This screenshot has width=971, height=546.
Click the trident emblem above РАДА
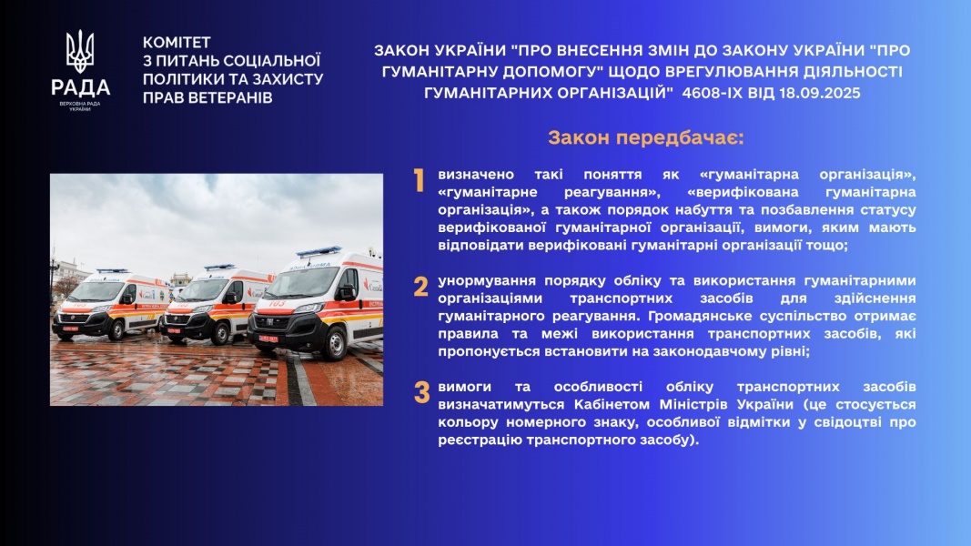point(80,51)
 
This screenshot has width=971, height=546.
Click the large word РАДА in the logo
point(80,87)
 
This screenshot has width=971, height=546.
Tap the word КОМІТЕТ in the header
point(177,43)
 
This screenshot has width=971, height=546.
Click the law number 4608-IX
point(708,93)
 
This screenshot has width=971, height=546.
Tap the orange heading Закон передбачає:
point(646,137)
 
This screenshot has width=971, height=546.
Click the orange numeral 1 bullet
point(420,181)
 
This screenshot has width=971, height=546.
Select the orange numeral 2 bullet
point(421,287)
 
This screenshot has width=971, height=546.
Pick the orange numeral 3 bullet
point(421,392)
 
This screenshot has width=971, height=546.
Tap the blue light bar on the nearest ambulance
point(319,251)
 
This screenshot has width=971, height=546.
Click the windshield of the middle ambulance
point(202,290)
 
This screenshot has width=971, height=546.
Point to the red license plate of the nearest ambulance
point(268,339)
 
